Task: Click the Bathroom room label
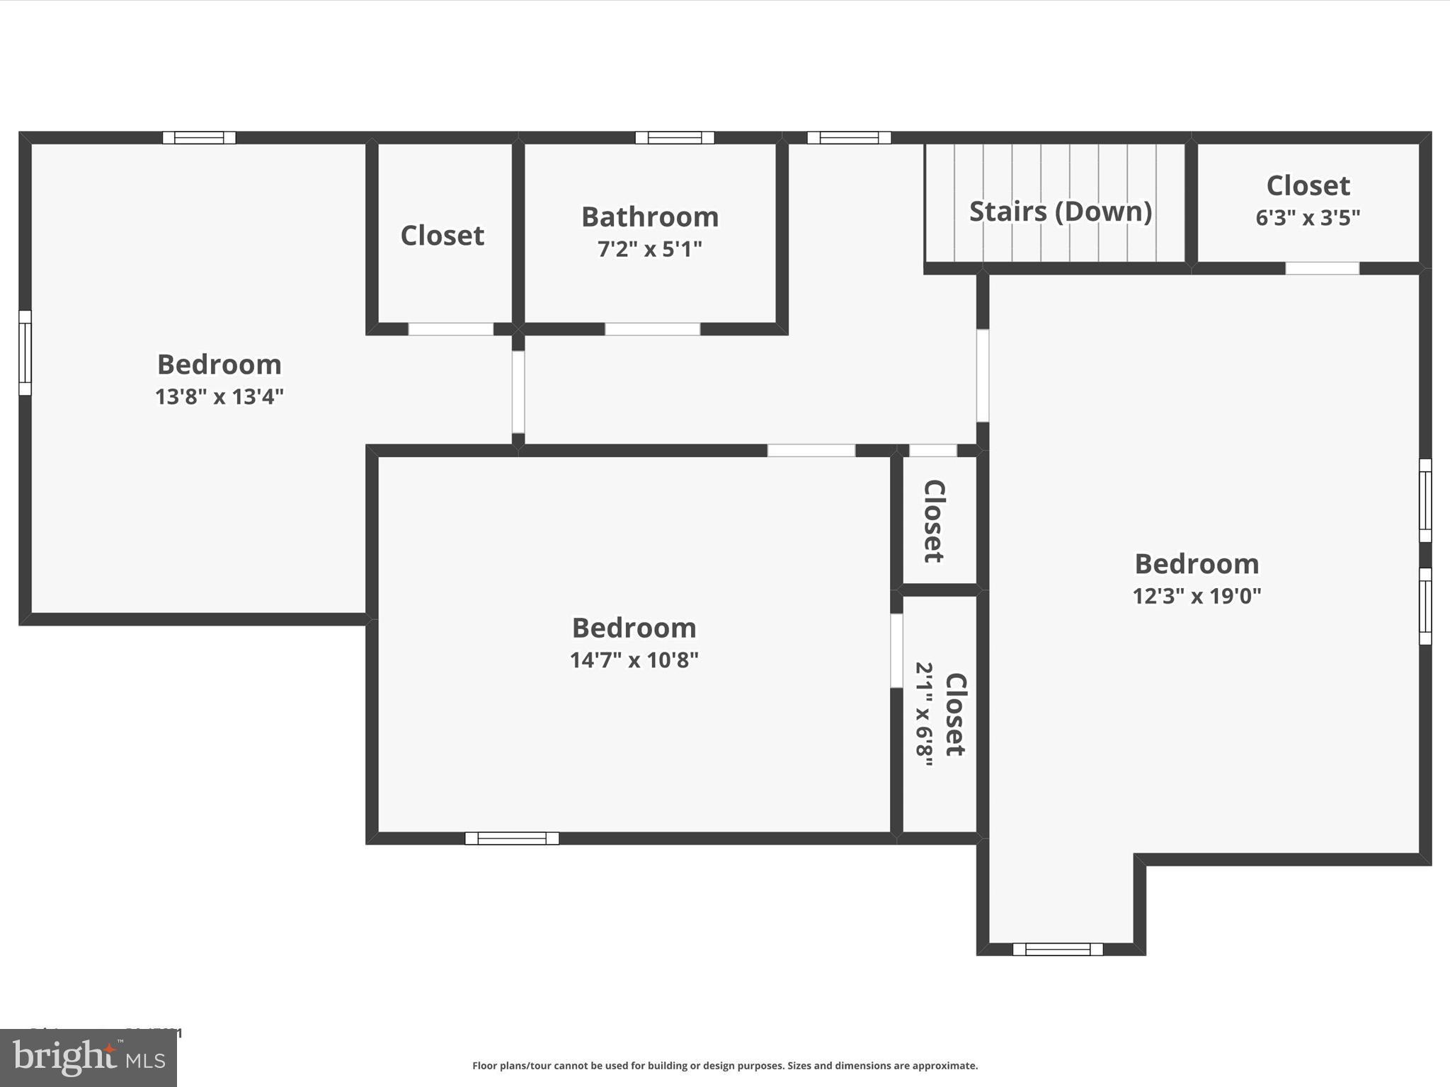coord(650,217)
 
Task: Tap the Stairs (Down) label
coord(1060,212)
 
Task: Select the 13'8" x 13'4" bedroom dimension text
coord(219,396)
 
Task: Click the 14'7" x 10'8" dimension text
coord(634,660)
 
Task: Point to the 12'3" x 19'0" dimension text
coord(1197,596)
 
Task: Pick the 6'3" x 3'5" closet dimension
coord(1308,217)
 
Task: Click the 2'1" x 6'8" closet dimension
coord(925,714)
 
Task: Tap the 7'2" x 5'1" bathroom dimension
coord(650,249)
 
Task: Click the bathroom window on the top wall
coord(675,137)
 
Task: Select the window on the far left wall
coord(25,352)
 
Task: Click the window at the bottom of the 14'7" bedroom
coord(512,839)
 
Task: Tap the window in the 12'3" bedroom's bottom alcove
coord(1058,949)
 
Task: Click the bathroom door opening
coord(652,329)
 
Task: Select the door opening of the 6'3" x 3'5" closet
coord(1322,268)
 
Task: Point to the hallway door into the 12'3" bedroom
coord(983,375)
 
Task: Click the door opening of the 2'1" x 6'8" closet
coord(896,650)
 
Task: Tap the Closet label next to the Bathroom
coord(442,236)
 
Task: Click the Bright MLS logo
coord(89,1058)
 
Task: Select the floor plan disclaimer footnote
coord(725,1066)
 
